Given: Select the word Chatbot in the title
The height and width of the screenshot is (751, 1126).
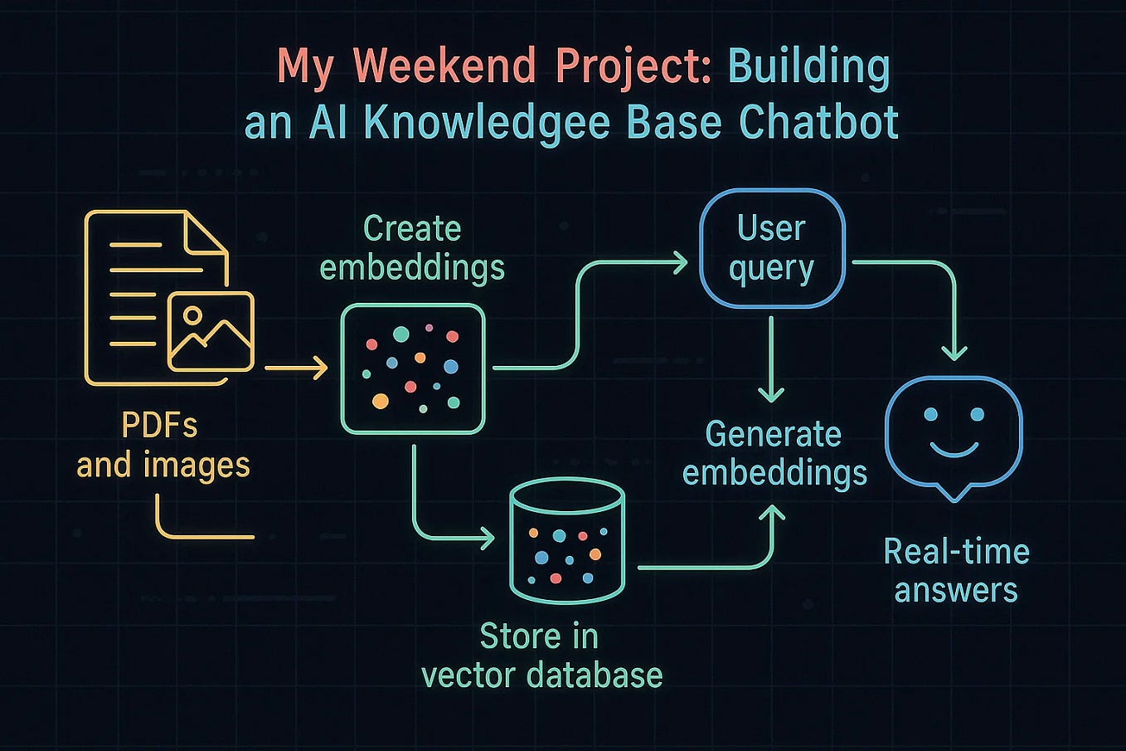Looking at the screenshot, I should [818, 122].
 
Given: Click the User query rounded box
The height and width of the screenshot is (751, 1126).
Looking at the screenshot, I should [772, 248].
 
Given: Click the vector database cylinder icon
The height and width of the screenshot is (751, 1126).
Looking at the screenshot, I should [567, 540].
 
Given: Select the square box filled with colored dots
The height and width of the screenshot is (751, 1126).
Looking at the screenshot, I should [413, 368].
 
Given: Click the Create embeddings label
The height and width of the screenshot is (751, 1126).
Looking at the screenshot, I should [412, 248].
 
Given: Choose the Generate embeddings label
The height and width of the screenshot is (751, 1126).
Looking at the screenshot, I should [774, 453].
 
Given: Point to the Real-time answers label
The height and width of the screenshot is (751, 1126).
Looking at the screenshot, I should [957, 571].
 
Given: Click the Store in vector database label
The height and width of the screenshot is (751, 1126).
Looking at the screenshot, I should [541, 656].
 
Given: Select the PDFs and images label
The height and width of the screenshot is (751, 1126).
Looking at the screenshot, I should [163, 446].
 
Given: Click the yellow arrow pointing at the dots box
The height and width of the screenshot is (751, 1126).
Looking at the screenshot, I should [297, 367].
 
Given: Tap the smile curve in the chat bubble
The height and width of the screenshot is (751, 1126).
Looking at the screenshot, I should [954, 450].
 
